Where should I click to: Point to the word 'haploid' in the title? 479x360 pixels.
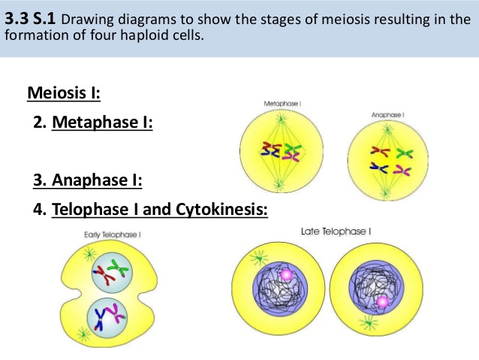[134, 35]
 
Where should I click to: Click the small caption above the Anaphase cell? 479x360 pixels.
[387, 114]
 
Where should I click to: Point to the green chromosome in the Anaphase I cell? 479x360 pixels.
[405, 154]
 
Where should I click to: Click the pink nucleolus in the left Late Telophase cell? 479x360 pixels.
[286, 277]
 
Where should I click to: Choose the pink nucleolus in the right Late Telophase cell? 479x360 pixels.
[384, 302]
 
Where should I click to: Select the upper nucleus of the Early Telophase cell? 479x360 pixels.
[109, 275]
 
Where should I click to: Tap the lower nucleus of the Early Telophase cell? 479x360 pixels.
[108, 317]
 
